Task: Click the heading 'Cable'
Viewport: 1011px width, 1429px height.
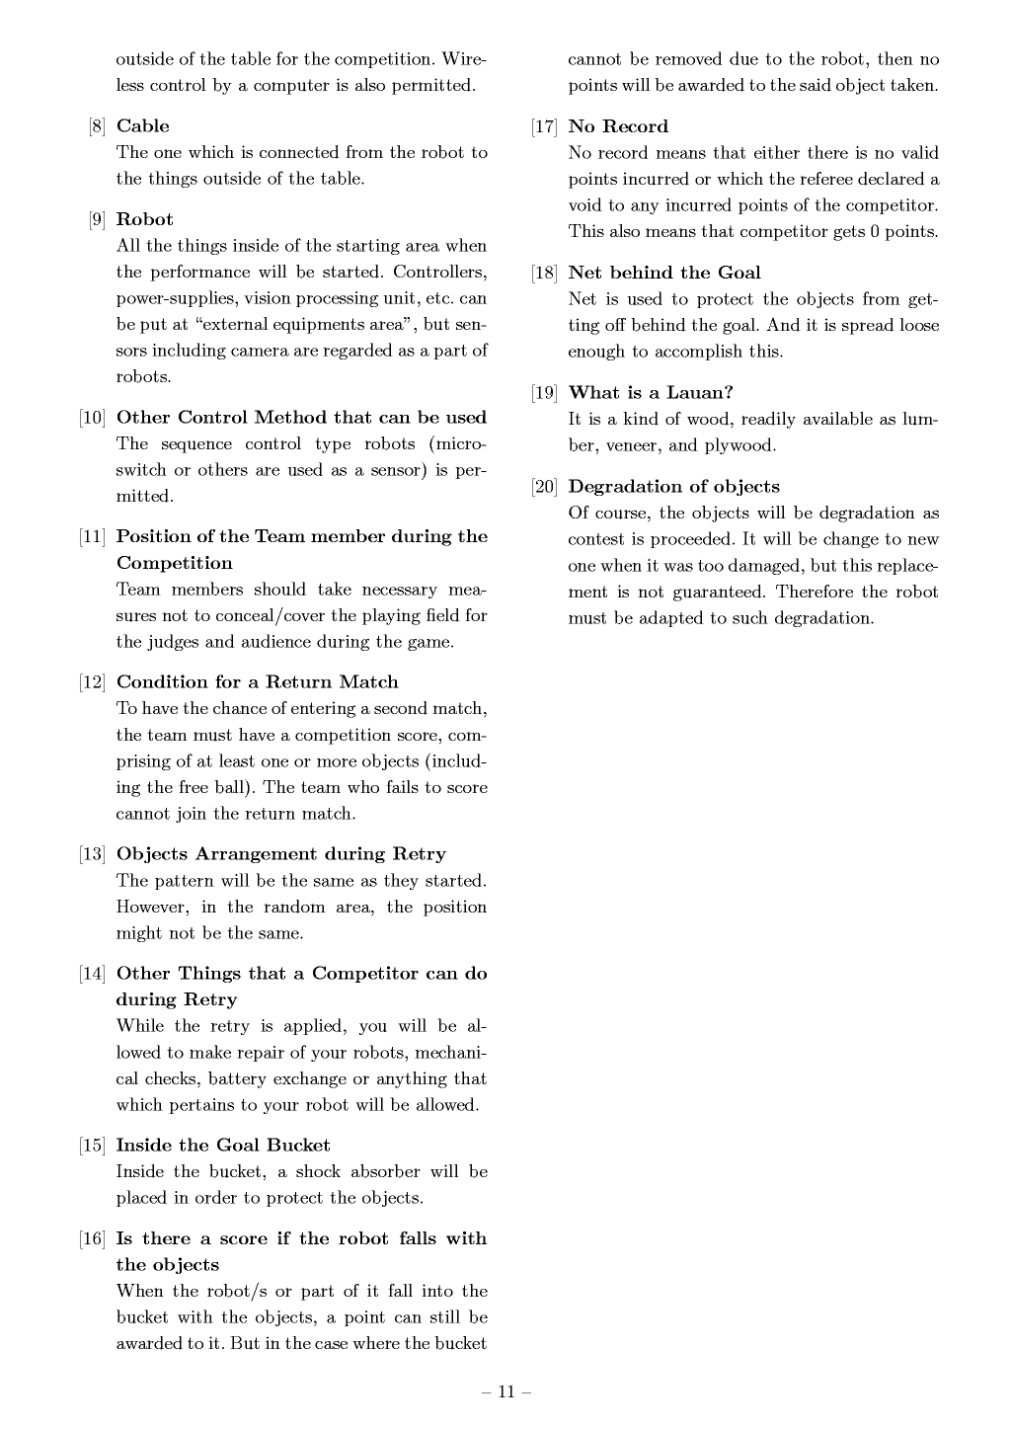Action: click(x=142, y=126)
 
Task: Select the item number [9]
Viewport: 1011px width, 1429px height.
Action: click(x=97, y=220)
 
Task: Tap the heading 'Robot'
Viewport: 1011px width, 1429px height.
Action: click(x=144, y=219)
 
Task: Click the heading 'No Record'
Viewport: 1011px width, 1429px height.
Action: click(x=618, y=126)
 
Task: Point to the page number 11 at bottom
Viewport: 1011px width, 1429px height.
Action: click(x=506, y=1392)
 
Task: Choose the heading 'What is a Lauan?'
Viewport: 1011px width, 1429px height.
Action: click(x=651, y=393)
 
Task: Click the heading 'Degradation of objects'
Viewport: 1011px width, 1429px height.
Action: click(x=673, y=487)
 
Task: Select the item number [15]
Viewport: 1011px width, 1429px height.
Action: click(x=93, y=1146)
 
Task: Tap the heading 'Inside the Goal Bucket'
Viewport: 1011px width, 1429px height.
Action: click(x=223, y=1146)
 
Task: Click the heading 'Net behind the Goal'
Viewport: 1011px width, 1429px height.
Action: click(x=664, y=273)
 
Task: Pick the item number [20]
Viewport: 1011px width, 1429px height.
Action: click(x=545, y=487)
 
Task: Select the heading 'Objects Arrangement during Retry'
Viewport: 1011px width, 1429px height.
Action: click(x=280, y=854)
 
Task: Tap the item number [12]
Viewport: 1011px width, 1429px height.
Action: click(x=93, y=682)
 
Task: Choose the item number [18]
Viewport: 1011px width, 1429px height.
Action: click(x=545, y=274)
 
